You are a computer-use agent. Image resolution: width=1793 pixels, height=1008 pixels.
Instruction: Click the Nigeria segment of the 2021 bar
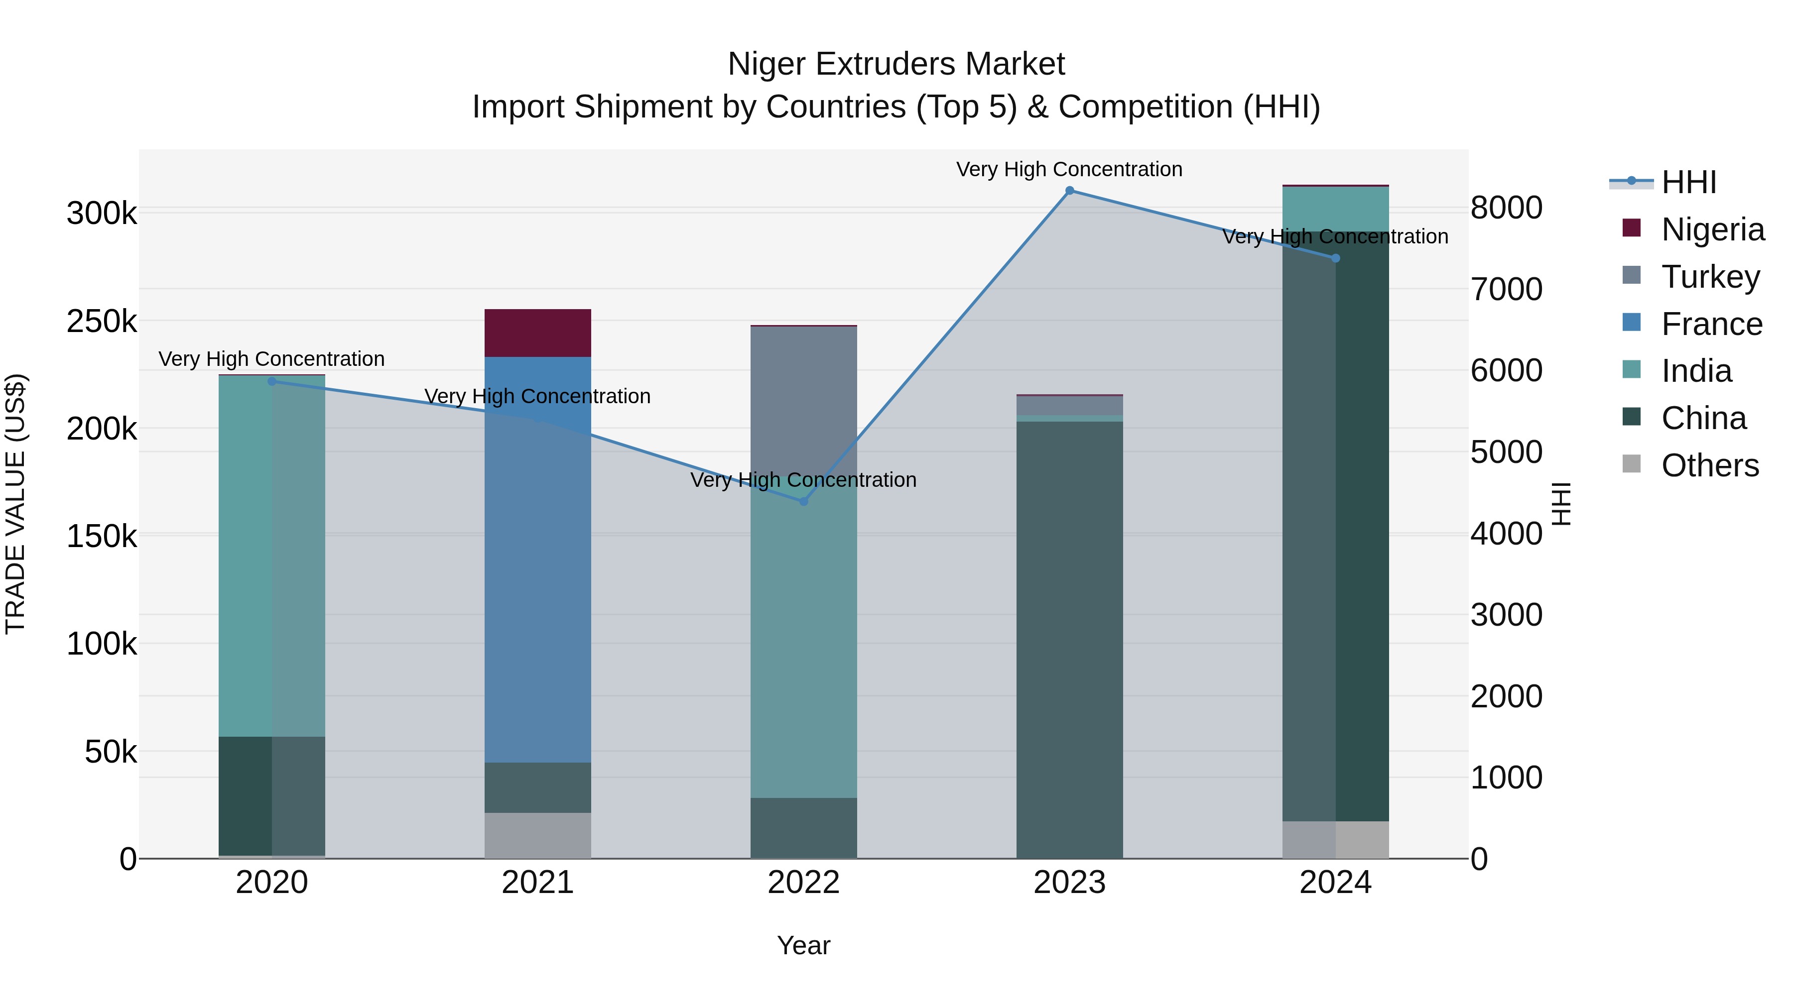coord(537,333)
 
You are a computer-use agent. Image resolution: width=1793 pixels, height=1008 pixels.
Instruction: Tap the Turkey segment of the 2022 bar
coord(803,397)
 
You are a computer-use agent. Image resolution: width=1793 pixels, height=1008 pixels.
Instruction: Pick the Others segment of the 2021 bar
coord(537,835)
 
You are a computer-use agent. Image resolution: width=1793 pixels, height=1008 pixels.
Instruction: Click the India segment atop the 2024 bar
coord(1335,209)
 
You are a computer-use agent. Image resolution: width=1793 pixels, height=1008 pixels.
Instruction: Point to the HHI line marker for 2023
coord(1070,191)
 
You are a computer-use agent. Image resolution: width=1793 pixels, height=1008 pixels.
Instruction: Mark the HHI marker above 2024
coord(1335,258)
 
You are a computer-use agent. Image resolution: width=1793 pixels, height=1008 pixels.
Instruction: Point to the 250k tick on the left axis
coord(102,322)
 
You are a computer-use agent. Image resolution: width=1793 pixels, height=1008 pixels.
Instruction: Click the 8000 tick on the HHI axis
coord(1506,208)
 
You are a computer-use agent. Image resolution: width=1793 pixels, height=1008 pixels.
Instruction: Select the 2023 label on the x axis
coord(1069,883)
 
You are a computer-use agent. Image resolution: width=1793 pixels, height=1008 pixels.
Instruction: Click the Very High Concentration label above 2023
coord(1069,169)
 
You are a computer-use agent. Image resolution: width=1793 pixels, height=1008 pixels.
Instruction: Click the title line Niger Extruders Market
coord(896,64)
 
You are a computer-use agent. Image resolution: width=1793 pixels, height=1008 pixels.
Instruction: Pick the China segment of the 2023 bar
coord(1069,640)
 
